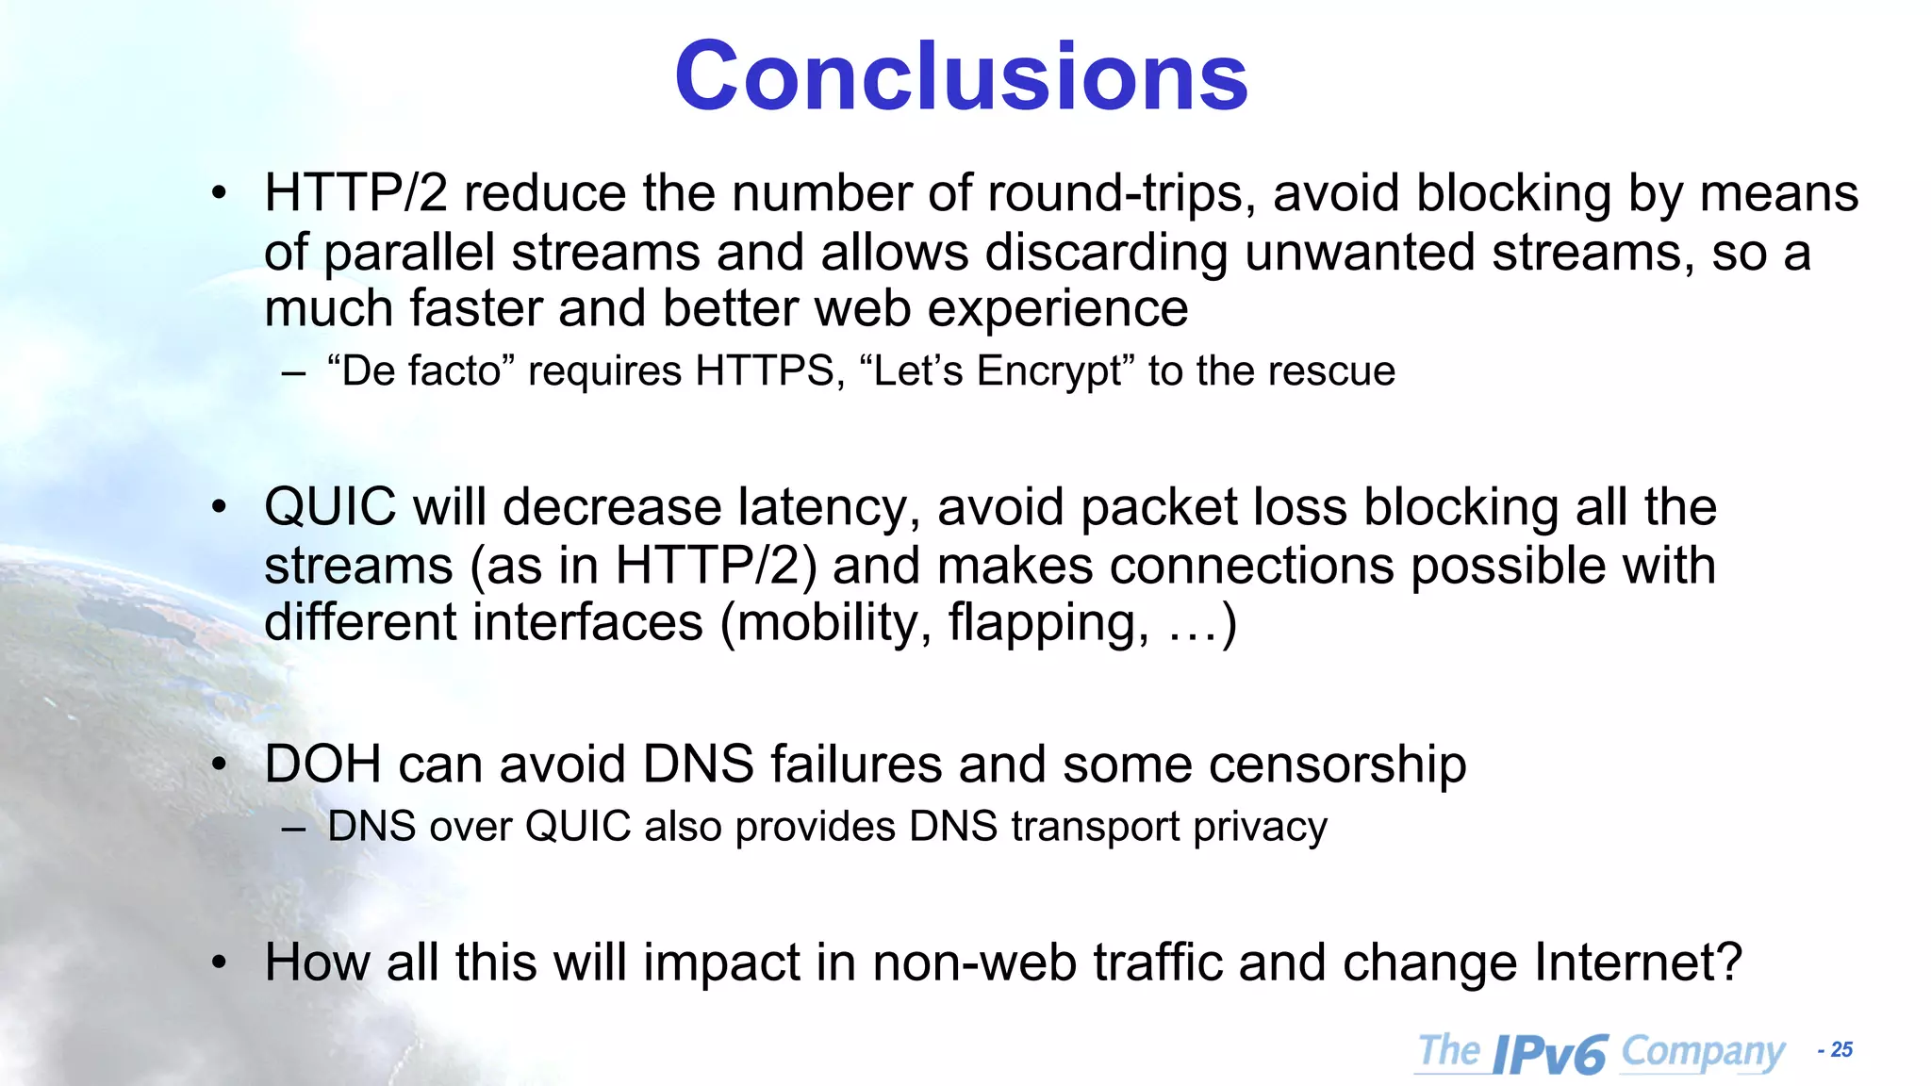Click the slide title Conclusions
coord(961,76)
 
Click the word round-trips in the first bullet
coord(1121,194)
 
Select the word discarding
coord(1106,253)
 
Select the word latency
coord(828,507)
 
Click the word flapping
coord(1048,623)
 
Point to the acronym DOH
coord(322,764)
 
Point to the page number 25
coord(1841,1050)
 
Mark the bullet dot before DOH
coord(220,765)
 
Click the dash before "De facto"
coord(293,372)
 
